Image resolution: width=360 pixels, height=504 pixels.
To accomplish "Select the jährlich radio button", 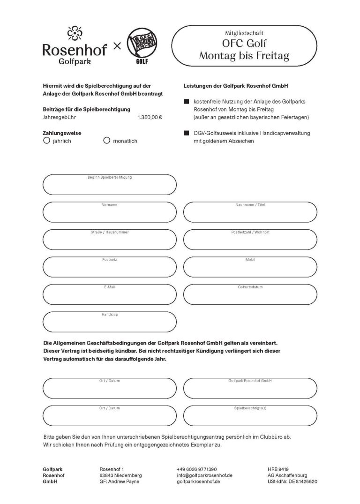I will pyautogui.click(x=46, y=140).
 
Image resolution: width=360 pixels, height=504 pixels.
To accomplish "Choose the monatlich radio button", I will pyautogui.click(x=106, y=140).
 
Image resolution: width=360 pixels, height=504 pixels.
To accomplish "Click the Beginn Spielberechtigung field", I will pyautogui.click(x=109, y=185).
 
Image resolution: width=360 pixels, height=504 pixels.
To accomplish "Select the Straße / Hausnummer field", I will pyautogui.click(x=109, y=240).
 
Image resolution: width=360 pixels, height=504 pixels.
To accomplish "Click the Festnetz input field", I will pyautogui.click(x=109, y=267).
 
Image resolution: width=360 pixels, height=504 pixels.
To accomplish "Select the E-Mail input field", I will pyautogui.click(x=109, y=294).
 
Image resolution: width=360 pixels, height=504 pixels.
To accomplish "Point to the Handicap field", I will pyautogui.click(x=109, y=322).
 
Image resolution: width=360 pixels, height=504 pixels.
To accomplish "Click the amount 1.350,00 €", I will pyautogui.click(x=150, y=118).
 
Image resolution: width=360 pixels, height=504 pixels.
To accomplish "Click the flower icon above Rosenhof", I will pyautogui.click(x=74, y=34).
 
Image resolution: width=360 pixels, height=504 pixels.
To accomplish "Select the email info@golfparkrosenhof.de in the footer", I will pyautogui.click(x=205, y=475).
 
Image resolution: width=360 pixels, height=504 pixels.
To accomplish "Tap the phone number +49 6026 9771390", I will pyautogui.click(x=197, y=469).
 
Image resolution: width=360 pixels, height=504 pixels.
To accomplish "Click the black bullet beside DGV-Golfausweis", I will pyautogui.click(x=186, y=134).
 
